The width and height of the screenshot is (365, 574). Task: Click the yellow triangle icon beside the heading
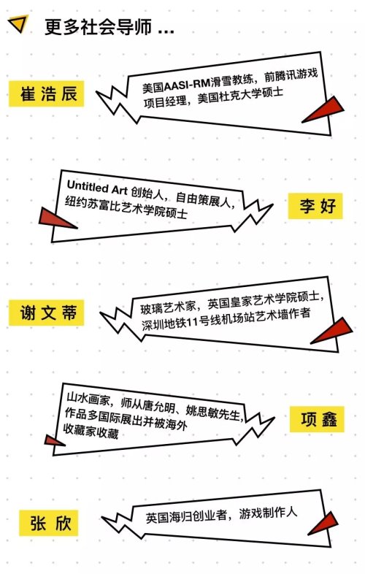18,23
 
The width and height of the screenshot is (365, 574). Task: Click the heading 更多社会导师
98,27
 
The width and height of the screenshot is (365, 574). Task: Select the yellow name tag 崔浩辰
47,93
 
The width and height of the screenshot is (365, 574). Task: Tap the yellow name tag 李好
315,206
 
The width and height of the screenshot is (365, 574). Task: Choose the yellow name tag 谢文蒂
47,313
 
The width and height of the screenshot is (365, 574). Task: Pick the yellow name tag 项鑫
317,419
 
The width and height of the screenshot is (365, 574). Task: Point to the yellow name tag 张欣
49,523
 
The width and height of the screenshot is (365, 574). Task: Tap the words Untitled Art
97,187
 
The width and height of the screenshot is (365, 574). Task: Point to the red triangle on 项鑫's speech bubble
54,440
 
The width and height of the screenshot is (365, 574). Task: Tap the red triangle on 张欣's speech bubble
324,524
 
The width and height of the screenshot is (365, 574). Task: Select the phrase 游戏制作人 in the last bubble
268,513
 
